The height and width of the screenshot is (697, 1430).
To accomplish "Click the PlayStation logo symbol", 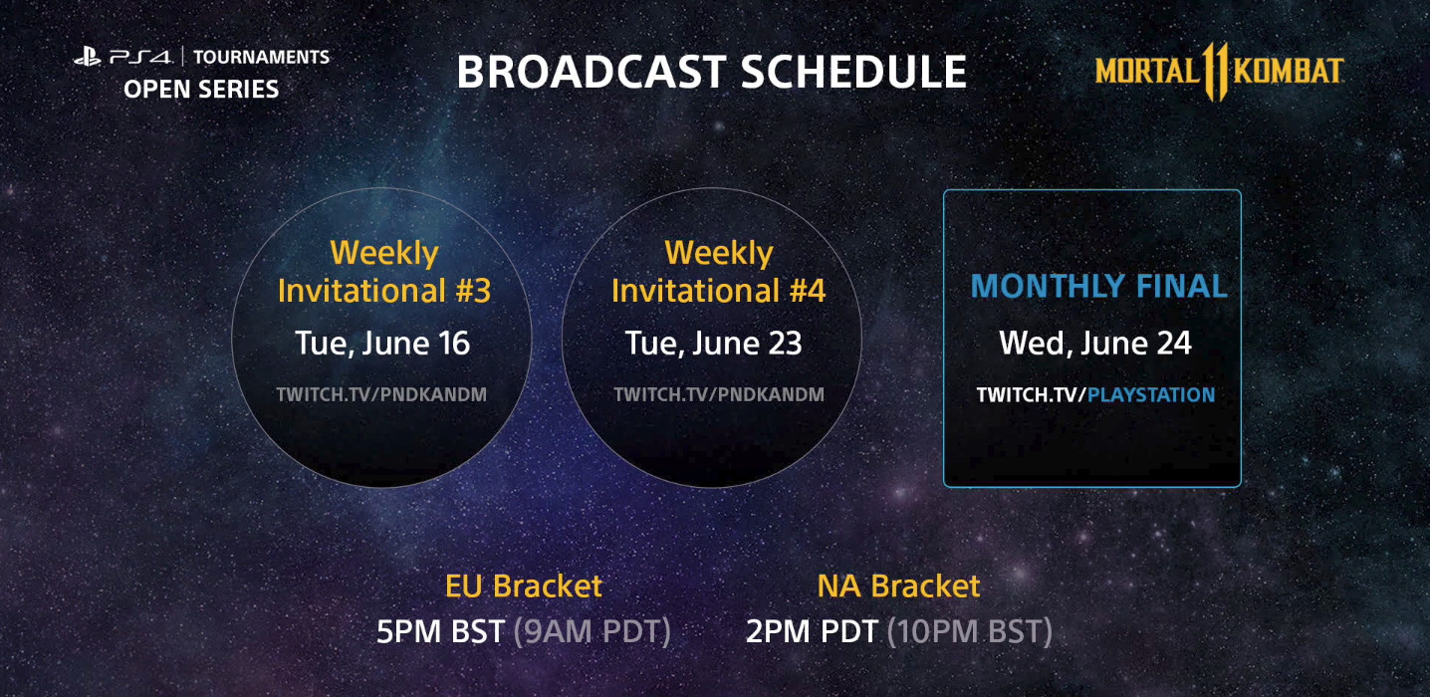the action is (88, 57).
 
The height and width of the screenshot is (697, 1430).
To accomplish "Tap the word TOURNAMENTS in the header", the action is (261, 57).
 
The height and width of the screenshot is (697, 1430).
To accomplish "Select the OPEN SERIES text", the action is (201, 90).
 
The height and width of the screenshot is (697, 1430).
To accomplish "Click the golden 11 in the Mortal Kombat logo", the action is (1216, 72).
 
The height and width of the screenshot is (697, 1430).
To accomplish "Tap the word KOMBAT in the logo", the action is (1289, 71).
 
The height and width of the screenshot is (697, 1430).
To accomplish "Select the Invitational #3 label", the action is (384, 291).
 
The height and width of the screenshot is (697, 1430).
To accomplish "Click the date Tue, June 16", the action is (382, 344).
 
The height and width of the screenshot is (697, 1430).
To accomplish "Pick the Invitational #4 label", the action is (718, 291).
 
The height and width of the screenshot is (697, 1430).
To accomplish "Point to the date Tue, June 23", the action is (713, 344).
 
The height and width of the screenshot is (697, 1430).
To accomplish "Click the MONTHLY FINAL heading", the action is (1098, 286).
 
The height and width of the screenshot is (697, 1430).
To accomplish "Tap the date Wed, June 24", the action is (1094, 344).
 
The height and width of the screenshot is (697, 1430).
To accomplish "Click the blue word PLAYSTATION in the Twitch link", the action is (1151, 395).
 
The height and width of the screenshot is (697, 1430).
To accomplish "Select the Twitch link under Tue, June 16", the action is (381, 395).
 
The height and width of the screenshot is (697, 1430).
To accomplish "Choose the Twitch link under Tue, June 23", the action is (719, 395).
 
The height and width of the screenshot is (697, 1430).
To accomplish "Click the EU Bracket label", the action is (524, 585).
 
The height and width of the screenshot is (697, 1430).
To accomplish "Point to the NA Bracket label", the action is (898, 585).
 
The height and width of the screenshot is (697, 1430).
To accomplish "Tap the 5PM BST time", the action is (440, 631).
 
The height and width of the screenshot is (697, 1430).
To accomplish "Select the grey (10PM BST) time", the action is (970, 631).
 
